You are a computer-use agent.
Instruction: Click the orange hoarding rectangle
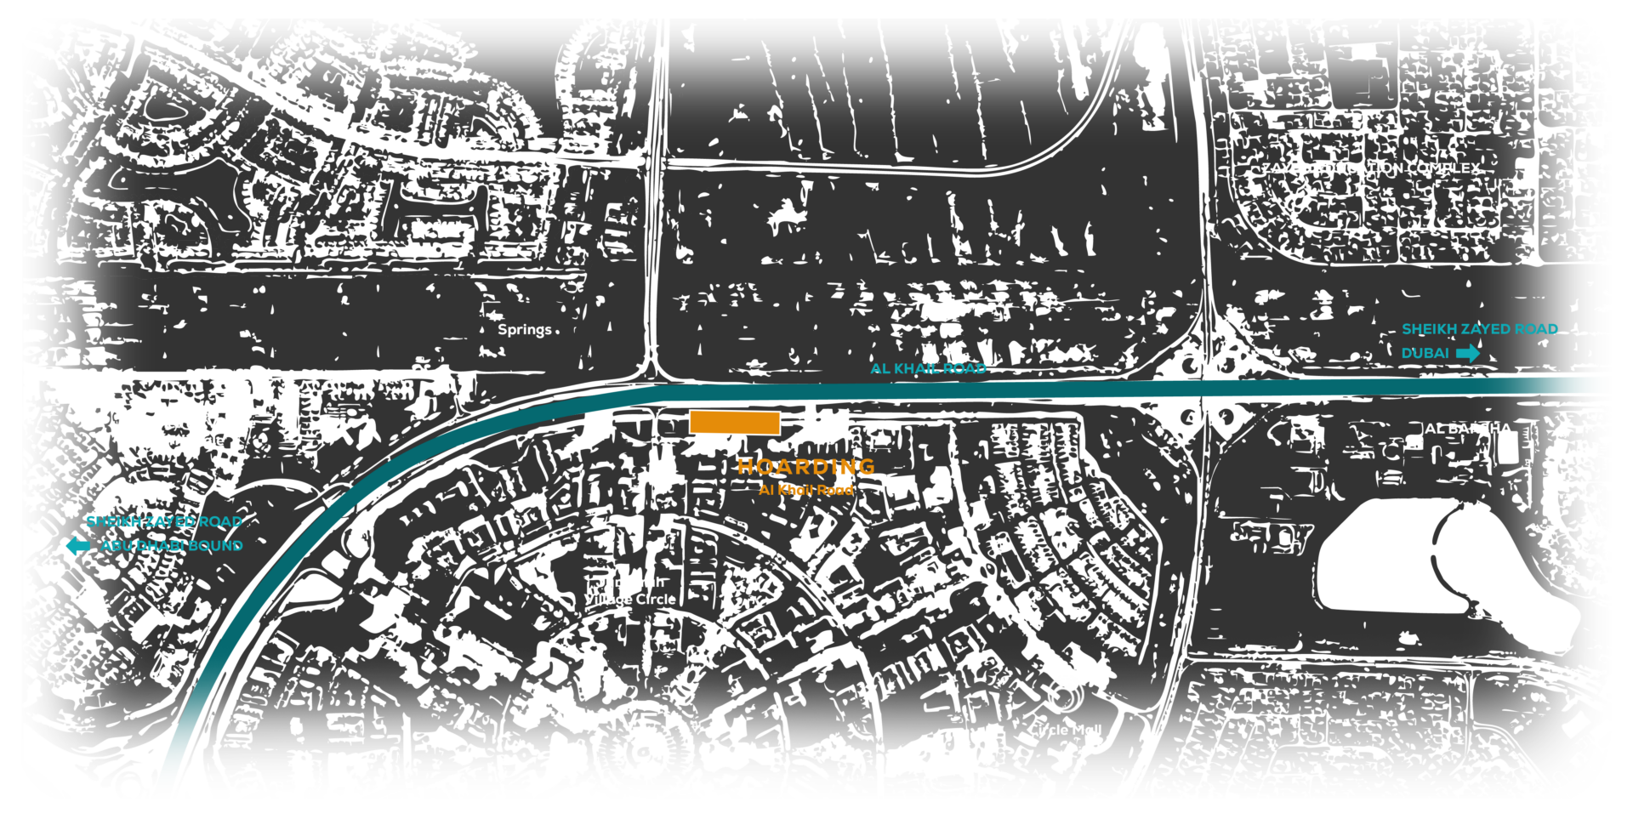click(735, 422)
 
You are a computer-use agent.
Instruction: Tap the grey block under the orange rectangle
click(711, 443)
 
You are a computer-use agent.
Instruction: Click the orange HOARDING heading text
click(805, 467)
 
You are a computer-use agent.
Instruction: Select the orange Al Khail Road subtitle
click(805, 490)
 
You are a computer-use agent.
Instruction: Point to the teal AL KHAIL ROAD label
click(929, 368)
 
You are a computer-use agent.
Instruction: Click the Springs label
click(524, 329)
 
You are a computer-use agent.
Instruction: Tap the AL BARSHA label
click(1468, 429)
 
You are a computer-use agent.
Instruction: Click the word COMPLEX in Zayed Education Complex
click(1443, 168)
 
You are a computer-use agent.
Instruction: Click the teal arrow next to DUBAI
click(1468, 353)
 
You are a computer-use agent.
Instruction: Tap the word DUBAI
click(1425, 353)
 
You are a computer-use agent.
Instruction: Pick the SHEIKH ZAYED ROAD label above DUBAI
click(1480, 329)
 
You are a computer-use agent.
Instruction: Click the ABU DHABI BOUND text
click(172, 545)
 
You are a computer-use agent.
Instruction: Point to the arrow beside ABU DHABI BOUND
click(77, 548)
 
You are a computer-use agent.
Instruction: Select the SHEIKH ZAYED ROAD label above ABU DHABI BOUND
click(164, 521)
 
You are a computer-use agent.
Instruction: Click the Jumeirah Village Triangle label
click(196, 432)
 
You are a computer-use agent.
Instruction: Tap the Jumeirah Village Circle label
click(630, 591)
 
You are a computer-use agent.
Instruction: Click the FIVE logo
click(637, 722)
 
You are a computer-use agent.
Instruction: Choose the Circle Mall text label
click(1064, 730)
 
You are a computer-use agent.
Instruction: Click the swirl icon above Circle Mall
click(1066, 695)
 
